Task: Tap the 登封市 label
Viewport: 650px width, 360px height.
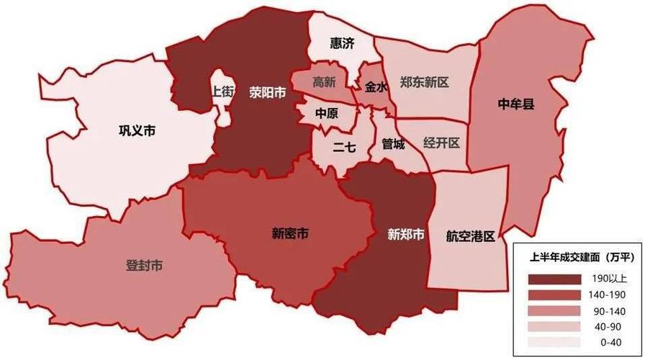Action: click(144, 266)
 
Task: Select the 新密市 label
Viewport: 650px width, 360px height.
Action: click(290, 233)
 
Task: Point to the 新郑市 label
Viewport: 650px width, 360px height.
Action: click(405, 235)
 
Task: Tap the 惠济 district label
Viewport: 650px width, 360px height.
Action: click(342, 44)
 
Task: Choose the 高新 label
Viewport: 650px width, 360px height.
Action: click(324, 82)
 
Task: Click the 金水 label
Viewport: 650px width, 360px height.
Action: click(376, 86)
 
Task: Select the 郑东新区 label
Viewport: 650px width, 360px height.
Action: click(425, 82)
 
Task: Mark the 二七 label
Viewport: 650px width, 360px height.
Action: click(344, 148)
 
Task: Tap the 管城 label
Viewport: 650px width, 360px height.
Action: click(393, 144)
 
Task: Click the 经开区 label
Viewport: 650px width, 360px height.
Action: click(441, 143)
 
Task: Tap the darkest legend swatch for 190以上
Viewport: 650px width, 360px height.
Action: click(554, 279)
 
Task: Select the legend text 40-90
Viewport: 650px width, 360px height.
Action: click(608, 326)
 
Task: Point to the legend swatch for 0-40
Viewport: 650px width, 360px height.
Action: click(554, 342)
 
